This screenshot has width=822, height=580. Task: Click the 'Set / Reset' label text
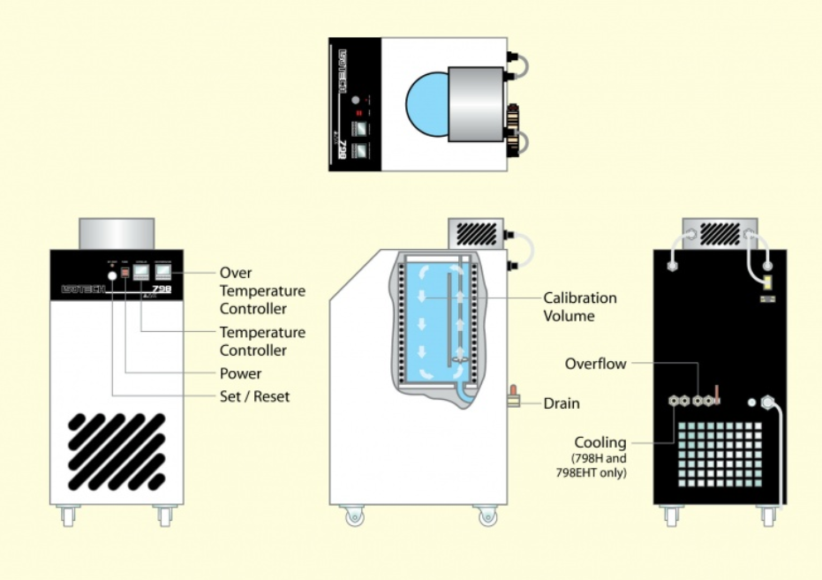click(254, 396)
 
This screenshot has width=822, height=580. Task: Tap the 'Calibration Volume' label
click(579, 306)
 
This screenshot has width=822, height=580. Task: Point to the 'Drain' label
click(562, 403)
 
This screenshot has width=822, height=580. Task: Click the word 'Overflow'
click(595, 363)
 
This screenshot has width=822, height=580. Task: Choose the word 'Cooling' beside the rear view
click(600, 442)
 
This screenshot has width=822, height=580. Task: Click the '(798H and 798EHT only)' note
click(600, 466)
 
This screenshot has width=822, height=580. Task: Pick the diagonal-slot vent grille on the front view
click(117, 451)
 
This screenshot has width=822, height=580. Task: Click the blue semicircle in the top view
click(426, 104)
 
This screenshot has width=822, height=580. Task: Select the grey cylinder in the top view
click(476, 104)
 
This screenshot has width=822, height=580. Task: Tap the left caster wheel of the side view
click(353, 516)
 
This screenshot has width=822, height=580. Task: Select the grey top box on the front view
click(117, 233)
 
